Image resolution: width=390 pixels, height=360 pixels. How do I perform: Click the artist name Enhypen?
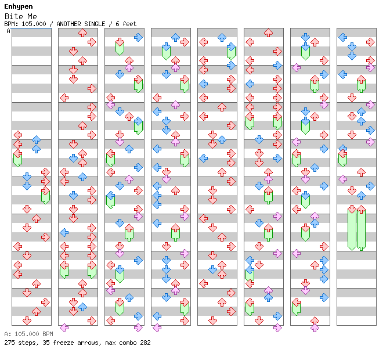(18, 6)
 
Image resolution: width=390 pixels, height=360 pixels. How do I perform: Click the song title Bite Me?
(16, 16)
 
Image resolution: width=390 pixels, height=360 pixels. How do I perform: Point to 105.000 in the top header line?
(32, 24)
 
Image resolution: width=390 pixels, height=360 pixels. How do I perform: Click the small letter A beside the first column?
(8, 31)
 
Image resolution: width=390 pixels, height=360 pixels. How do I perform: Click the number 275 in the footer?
(9, 343)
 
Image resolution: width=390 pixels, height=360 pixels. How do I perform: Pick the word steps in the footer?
(27, 343)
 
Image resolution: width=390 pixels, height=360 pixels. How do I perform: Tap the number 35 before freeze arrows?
(43, 343)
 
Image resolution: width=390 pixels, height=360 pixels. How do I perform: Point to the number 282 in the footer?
(145, 343)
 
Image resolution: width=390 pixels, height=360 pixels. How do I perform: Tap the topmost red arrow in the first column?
(18, 135)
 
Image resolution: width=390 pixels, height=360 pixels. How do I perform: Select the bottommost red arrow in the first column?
(27, 321)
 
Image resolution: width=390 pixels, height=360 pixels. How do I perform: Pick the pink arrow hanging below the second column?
(64, 328)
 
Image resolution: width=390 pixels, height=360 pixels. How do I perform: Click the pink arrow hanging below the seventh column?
(315, 328)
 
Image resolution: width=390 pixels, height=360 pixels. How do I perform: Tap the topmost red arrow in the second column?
(82, 33)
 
